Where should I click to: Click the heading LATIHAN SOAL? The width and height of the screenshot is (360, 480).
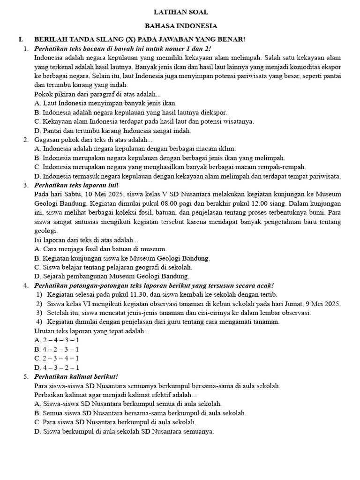click(181, 12)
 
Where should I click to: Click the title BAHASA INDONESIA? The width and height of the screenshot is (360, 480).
click(181, 26)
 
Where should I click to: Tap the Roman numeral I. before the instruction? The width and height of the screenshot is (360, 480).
click(21, 39)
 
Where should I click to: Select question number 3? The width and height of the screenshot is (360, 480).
click(26, 185)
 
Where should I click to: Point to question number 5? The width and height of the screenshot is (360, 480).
click(26, 376)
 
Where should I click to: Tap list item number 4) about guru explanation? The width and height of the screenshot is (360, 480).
click(39, 322)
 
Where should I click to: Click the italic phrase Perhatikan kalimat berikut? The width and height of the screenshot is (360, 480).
click(76, 376)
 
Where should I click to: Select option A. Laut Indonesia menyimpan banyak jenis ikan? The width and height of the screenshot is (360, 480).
click(105, 103)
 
